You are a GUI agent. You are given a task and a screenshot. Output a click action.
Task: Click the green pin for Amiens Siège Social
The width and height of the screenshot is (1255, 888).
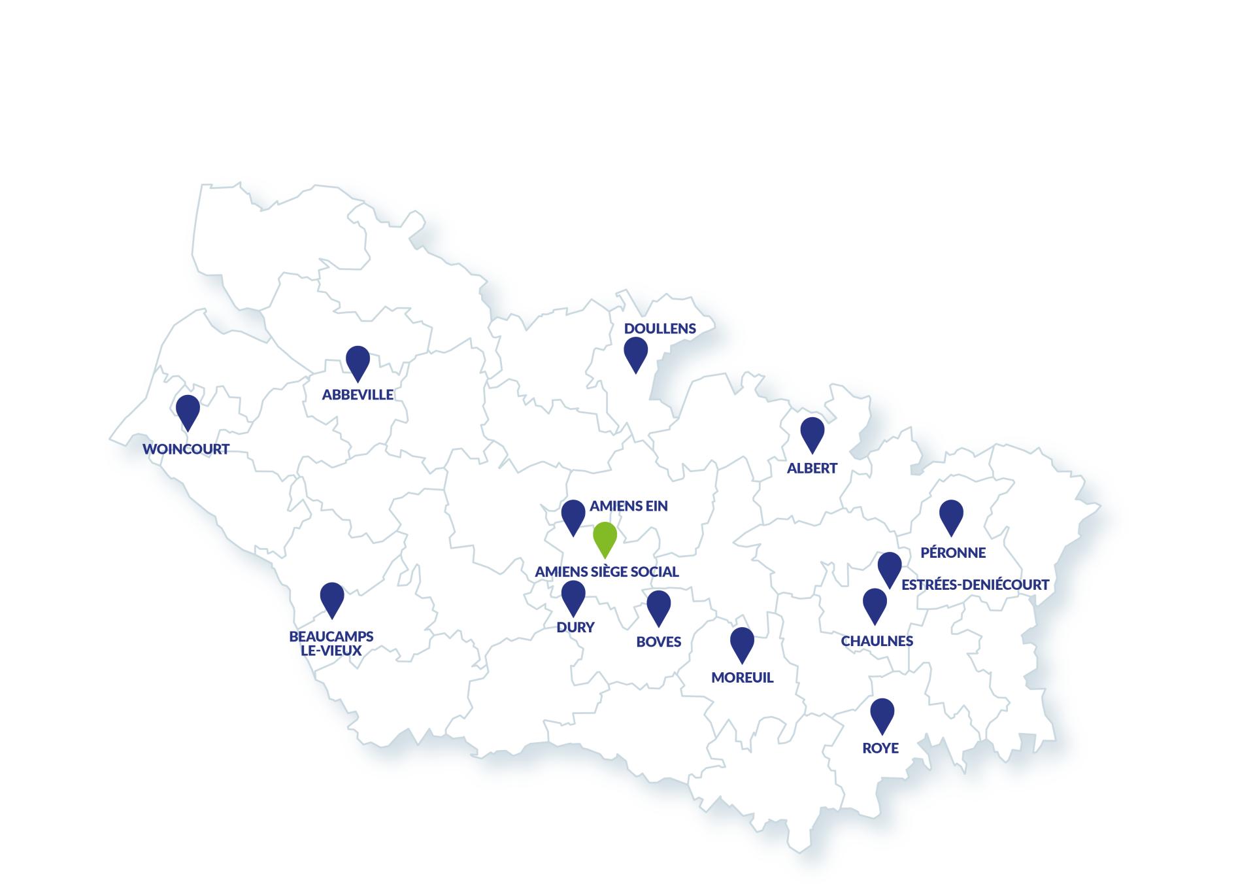605,538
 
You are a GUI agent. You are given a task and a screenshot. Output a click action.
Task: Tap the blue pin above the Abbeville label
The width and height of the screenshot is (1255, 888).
358,361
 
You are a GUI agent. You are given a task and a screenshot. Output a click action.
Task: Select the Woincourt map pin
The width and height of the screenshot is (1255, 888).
188,410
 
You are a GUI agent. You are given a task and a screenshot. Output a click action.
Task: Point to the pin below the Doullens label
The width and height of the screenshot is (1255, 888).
635,352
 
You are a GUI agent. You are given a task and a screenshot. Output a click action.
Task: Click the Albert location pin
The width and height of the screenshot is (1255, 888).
812,433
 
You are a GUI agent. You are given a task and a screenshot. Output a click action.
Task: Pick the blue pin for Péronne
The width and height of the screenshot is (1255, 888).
951,515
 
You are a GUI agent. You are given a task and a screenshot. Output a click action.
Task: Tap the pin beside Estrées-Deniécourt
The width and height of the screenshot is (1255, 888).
889,567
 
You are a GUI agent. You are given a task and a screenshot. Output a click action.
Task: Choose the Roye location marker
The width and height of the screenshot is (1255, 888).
882,713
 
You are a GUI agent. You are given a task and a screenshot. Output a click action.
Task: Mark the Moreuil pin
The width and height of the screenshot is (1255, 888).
742,643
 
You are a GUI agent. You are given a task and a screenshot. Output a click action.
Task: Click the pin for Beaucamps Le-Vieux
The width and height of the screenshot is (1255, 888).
332,598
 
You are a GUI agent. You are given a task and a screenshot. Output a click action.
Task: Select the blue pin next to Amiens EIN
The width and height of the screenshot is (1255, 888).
573,515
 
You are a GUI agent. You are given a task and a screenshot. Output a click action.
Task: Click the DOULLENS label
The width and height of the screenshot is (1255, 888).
660,328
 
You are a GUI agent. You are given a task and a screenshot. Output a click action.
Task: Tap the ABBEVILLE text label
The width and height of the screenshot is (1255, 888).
358,394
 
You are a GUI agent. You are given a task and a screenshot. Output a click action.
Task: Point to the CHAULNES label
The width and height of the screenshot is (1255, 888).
877,641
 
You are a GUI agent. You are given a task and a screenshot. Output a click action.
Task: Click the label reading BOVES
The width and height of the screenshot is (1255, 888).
658,641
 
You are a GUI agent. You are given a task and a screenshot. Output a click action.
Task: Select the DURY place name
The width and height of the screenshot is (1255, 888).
575,627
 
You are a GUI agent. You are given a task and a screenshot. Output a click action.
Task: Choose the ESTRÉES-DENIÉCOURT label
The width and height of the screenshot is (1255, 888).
975,585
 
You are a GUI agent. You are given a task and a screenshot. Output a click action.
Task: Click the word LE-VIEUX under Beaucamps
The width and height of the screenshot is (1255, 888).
331,651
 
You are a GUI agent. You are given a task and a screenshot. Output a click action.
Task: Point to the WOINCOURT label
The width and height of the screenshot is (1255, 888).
186,449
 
